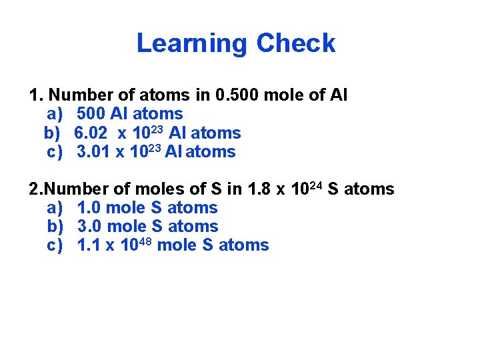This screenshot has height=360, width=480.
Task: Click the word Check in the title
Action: point(295,43)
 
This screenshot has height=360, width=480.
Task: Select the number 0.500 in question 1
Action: point(238,96)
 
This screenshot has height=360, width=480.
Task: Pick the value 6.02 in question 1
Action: point(92,133)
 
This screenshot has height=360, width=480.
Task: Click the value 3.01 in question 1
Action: point(93,152)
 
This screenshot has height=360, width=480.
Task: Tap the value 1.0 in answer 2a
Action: point(89,208)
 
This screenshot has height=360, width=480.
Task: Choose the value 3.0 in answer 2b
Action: point(89,227)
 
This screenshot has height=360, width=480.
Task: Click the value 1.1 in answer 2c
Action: point(89,245)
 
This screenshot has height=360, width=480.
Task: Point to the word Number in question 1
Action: point(78,96)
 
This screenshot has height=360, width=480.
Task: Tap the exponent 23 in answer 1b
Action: point(157,129)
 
